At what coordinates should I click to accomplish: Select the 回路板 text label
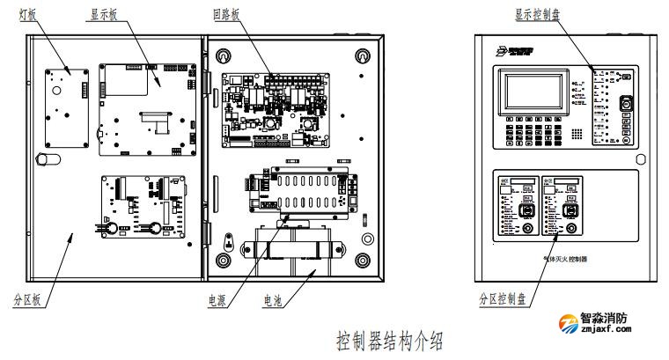pyautogui.click(x=224, y=16)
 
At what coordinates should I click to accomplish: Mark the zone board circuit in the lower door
pyautogui.click(x=140, y=203)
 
